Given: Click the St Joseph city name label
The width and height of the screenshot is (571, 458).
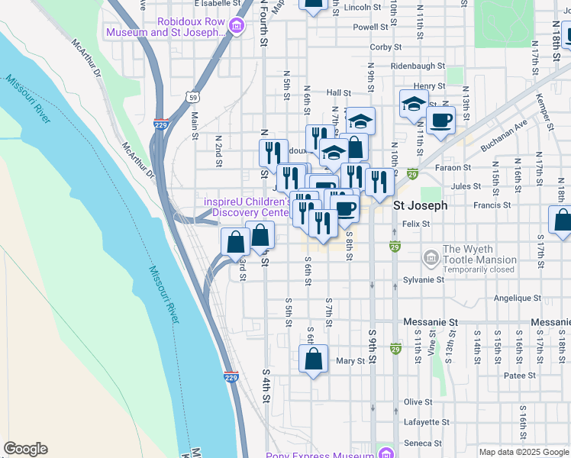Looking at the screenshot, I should (x=419, y=205).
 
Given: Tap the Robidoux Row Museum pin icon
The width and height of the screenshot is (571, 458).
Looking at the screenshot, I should (x=237, y=27).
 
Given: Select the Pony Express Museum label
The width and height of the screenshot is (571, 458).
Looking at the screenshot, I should (x=321, y=456).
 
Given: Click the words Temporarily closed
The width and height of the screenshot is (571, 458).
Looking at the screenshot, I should (x=479, y=270).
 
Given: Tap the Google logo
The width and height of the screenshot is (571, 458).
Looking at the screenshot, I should (x=25, y=449).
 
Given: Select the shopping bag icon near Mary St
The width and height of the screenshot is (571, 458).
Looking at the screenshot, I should (x=313, y=359).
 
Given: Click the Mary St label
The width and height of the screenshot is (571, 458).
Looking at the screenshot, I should (x=351, y=361).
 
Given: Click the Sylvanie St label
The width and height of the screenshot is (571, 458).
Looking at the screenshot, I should (x=424, y=280).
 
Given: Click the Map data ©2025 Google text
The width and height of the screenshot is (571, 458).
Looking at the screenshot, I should (x=523, y=452).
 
